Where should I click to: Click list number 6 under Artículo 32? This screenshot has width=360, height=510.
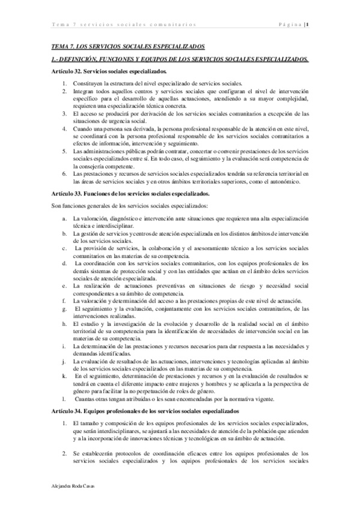tap(65, 156)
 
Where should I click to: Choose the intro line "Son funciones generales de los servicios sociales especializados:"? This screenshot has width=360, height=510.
tap(130, 189)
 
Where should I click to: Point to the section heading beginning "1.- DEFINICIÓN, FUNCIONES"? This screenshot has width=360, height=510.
tap(180, 59)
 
